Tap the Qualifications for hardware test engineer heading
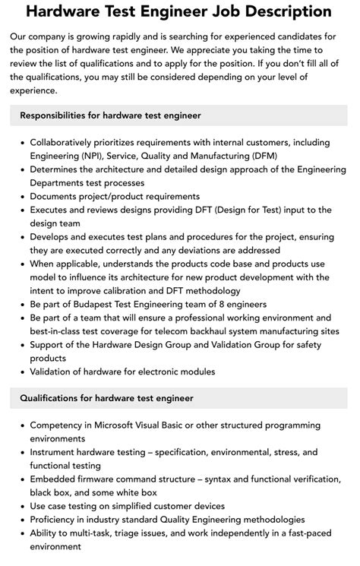(106, 398)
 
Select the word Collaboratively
(65, 142)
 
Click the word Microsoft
(120, 425)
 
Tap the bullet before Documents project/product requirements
(21, 196)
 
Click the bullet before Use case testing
(21, 506)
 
